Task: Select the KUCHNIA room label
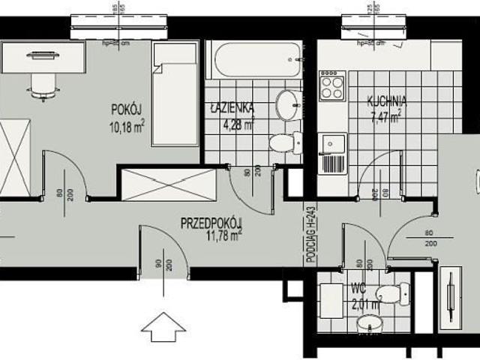click(386, 100)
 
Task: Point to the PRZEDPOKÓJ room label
click(211, 223)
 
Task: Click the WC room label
click(358, 287)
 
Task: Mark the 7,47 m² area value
click(385, 115)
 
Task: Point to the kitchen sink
click(331, 144)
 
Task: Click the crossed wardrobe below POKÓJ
click(171, 184)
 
